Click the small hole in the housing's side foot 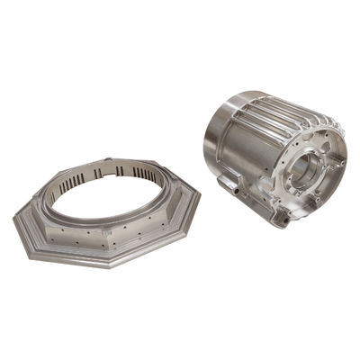[x=286, y=216]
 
